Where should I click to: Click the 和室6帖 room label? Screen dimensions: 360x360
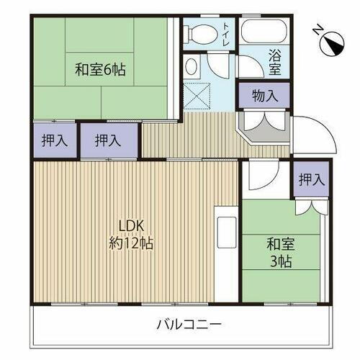pyautogui.click(x=100, y=70)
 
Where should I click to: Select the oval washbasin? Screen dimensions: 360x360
pyautogui.click(x=192, y=68)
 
